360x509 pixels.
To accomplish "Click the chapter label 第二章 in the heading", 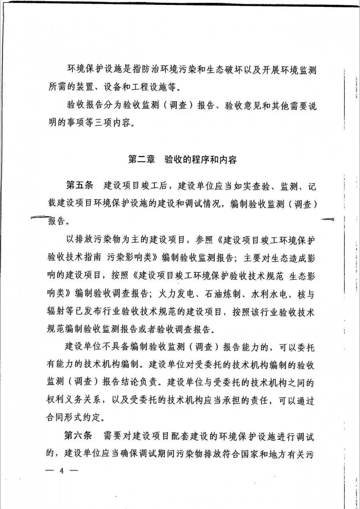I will [142, 160].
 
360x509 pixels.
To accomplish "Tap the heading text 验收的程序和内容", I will [201, 160].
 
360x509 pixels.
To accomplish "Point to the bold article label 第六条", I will [79, 435].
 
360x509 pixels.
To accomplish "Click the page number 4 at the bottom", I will [62, 470].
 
